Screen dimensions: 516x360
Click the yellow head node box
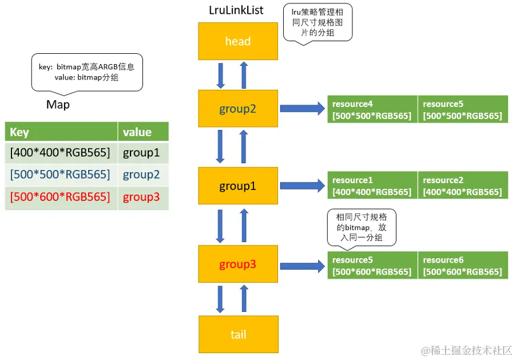238,41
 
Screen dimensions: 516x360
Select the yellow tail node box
239,334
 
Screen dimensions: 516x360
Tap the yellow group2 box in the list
238,108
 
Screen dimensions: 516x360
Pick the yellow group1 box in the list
238,186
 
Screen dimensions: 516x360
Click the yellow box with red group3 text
238,264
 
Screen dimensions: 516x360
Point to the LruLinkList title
236,10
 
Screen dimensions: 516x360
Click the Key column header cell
61,132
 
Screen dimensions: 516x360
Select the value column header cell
143,132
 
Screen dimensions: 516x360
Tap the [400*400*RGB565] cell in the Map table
61,153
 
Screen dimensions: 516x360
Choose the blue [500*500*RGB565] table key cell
61,175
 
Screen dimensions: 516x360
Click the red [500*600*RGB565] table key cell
61,197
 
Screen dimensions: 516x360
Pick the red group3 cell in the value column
143,197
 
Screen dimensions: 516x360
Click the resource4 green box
372,109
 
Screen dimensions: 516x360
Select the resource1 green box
372,185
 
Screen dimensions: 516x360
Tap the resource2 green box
463,185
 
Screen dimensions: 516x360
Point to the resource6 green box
463,265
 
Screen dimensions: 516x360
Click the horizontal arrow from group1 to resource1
303,186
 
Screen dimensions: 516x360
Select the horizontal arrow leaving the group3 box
303,266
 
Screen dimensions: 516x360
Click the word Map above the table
58,105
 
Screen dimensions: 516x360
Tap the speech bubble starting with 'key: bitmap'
87,73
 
